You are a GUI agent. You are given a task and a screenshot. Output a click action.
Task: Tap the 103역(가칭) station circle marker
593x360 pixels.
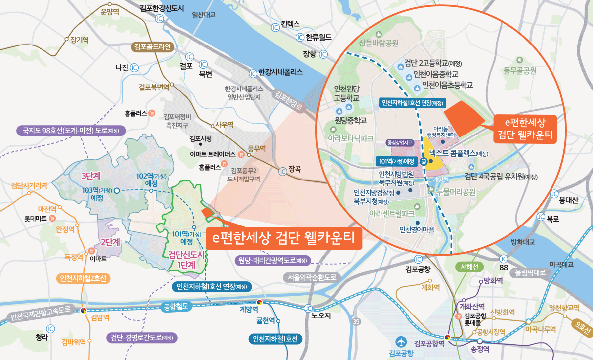coord(116,190)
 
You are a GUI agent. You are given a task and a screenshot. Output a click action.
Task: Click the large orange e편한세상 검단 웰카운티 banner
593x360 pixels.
coord(284,238)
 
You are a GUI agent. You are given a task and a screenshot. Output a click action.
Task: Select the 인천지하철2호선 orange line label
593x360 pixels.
coord(83,278)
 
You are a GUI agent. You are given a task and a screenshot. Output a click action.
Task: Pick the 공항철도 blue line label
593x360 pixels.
coord(175,307)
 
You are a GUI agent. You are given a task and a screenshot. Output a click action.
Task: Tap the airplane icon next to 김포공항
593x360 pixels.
coord(401,341)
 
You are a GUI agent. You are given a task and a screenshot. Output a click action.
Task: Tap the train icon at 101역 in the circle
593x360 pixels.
coord(424,161)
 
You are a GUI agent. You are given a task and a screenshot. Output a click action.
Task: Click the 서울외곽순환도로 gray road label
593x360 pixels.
coord(311,277)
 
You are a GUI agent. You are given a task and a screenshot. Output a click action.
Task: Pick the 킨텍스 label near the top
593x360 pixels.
coord(290,23)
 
